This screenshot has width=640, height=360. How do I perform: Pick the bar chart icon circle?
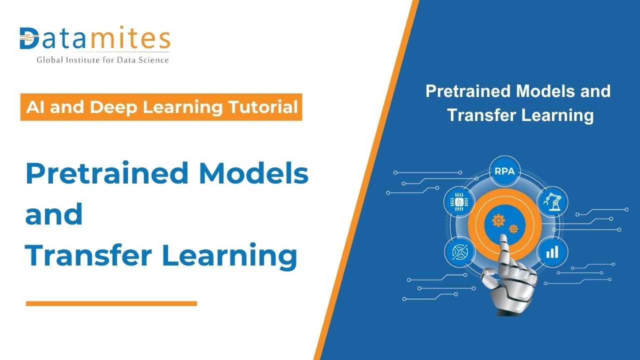tap(552, 251)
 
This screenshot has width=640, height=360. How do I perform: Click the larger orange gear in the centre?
tap(498, 220)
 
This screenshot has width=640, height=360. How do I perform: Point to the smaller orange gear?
tap(513, 229)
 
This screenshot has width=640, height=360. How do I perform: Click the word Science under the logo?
tap(152, 60)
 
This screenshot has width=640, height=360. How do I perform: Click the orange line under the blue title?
tap(111, 303)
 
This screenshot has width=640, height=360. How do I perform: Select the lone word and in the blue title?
tap(54, 214)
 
